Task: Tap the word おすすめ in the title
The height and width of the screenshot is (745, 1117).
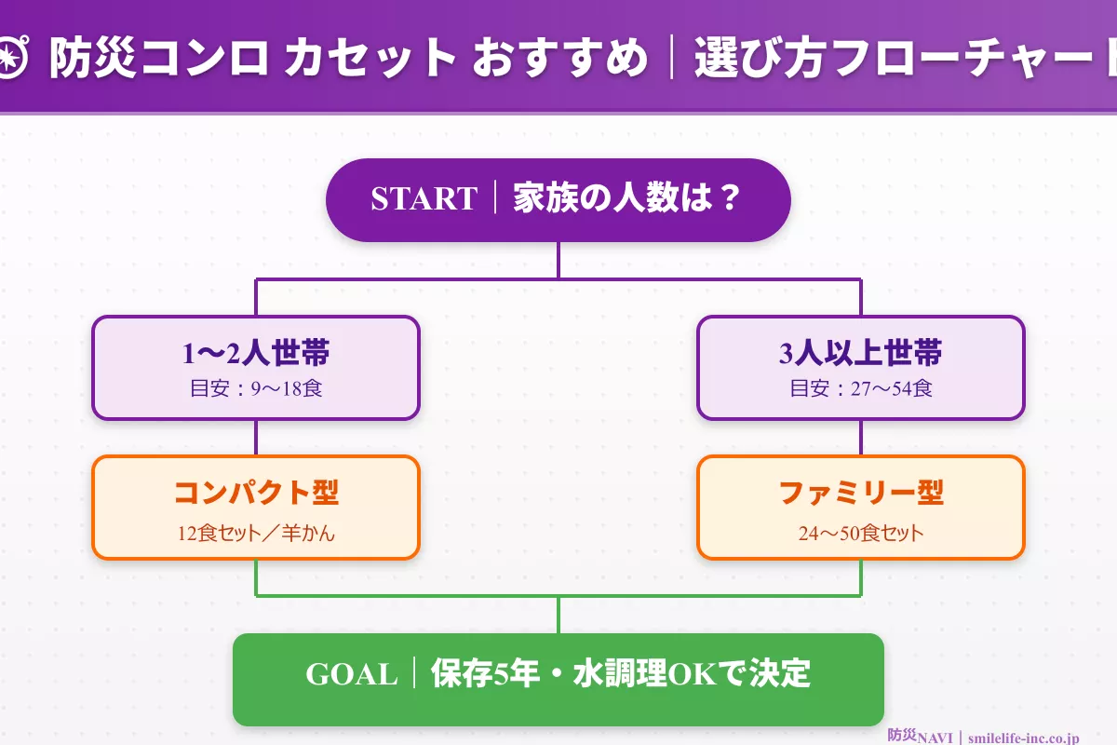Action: pos(559,59)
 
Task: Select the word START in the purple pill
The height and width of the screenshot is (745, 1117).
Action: pos(424,199)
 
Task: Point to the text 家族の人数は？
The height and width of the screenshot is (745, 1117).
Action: pos(626,199)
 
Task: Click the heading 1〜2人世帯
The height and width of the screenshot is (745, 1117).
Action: pos(256,353)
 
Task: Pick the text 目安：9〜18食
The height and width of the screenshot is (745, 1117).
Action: pos(256,388)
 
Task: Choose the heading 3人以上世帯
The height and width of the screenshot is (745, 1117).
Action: pos(861,353)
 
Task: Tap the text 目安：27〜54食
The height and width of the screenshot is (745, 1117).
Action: pos(861,388)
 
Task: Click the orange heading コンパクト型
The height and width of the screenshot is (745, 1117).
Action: pos(256,493)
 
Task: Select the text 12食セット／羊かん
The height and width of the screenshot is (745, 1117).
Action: pos(256,534)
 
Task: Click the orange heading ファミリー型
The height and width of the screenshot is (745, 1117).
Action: pos(861,493)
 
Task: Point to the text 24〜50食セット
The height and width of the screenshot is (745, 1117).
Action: pos(861,534)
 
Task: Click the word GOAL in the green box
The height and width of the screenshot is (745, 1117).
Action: pos(352,674)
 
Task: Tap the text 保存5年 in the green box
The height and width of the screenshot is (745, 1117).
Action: pos(485,674)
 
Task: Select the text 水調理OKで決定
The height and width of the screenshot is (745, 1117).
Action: pos(694,674)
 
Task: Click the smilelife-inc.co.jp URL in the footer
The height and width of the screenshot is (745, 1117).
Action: pos(1023,737)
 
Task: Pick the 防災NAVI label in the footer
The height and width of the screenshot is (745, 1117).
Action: pos(921,737)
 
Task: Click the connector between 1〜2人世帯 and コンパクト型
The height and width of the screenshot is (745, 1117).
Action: pos(256,438)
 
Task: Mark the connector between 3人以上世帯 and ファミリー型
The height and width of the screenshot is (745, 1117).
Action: pos(861,438)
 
